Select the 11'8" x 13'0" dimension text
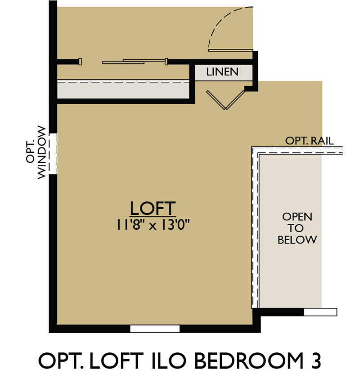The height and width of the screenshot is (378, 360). coord(153,225)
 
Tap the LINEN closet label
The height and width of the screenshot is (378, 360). coord(222,72)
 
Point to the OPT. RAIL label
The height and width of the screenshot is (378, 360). coord(310,141)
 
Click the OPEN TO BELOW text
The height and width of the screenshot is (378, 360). coord(297,228)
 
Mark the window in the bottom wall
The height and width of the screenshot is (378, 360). coord(155,329)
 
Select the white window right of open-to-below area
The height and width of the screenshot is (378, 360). coord(320,312)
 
